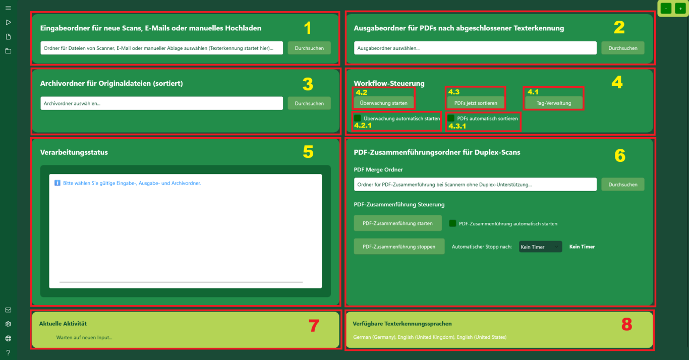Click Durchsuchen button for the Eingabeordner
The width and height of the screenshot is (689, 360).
[x=309, y=48]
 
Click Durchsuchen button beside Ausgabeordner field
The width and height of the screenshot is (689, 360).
[x=622, y=48]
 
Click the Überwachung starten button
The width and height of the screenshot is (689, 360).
[x=383, y=103]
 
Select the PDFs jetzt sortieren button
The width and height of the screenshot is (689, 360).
[x=476, y=103]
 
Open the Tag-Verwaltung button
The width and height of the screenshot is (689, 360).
[x=554, y=103]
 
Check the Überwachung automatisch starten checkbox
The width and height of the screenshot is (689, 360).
[x=358, y=118]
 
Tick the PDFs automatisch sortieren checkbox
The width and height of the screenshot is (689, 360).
[x=451, y=118]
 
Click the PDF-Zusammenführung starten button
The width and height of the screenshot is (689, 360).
[x=397, y=223]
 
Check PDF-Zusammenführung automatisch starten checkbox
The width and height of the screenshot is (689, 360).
[x=452, y=223]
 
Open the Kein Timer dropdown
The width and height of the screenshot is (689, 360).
[x=540, y=247]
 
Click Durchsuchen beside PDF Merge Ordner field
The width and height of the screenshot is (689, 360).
[x=622, y=185]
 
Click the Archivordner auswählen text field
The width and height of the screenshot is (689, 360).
[x=161, y=103]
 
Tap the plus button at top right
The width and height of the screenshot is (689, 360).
[x=680, y=9]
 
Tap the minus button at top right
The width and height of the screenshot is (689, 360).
[x=666, y=9]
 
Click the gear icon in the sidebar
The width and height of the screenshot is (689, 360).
[x=8, y=324]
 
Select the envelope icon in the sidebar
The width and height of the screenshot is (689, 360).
[x=8, y=310]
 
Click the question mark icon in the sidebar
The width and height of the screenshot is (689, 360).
[x=8, y=352]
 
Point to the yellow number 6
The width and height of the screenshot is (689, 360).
[x=620, y=156]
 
